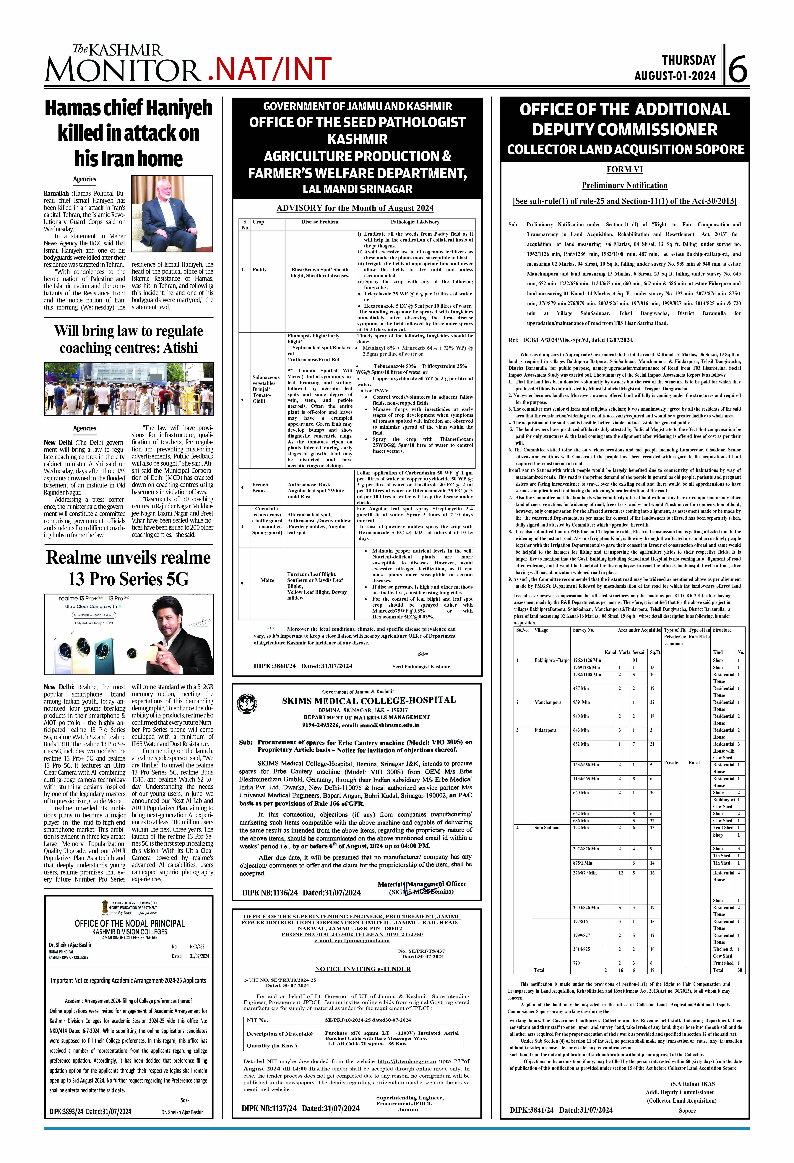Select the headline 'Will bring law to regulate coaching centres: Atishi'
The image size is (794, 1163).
pos(129,339)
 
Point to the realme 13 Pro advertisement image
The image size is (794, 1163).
pos(129,634)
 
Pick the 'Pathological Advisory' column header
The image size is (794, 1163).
pos(415,222)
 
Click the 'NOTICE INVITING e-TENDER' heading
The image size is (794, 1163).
pos(363,969)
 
